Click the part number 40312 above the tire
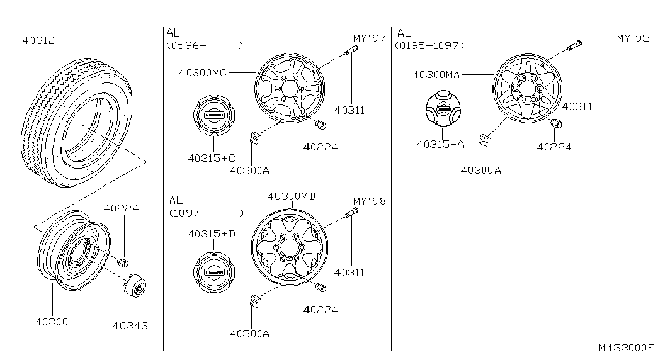click(x=38, y=40)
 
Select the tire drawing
click(x=76, y=123)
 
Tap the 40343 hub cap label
click(x=130, y=325)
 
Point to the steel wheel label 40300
click(x=52, y=322)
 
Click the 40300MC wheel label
click(x=203, y=72)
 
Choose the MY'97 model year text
click(x=369, y=38)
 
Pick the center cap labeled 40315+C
click(x=215, y=115)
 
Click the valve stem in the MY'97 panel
click(x=351, y=51)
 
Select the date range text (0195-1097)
click(x=429, y=45)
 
